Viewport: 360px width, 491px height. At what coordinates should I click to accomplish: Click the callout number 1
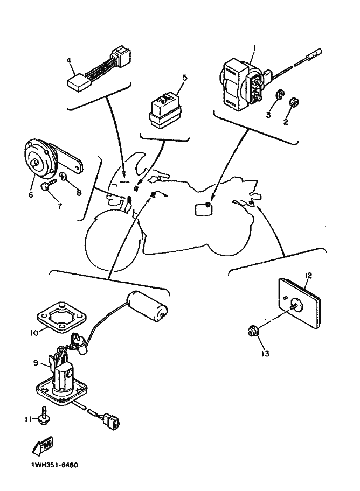[254, 48]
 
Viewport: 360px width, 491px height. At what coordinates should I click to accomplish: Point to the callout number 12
[308, 276]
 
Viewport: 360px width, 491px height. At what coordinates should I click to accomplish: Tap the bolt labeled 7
[46, 187]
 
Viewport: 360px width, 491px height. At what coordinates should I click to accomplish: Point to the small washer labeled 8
[64, 177]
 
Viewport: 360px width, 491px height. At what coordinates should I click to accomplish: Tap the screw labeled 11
[44, 419]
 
